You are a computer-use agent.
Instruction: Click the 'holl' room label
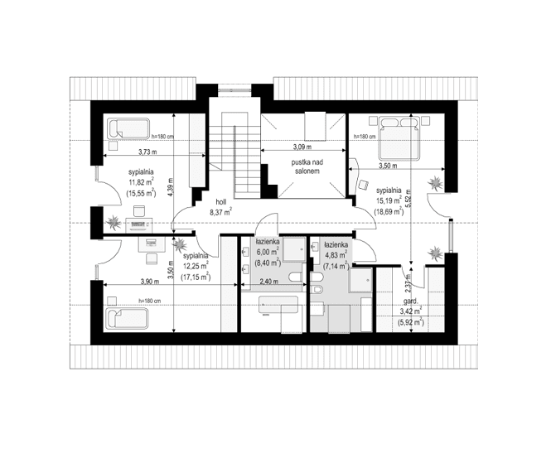(220, 201)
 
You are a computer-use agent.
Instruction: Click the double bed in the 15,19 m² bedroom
(401, 137)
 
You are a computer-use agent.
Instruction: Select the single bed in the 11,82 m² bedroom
(128, 129)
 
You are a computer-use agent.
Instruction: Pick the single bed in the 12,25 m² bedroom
(127, 318)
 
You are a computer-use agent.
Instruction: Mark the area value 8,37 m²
(220, 212)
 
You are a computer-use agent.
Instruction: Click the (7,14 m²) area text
(336, 267)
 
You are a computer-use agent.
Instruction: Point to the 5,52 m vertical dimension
(409, 199)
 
